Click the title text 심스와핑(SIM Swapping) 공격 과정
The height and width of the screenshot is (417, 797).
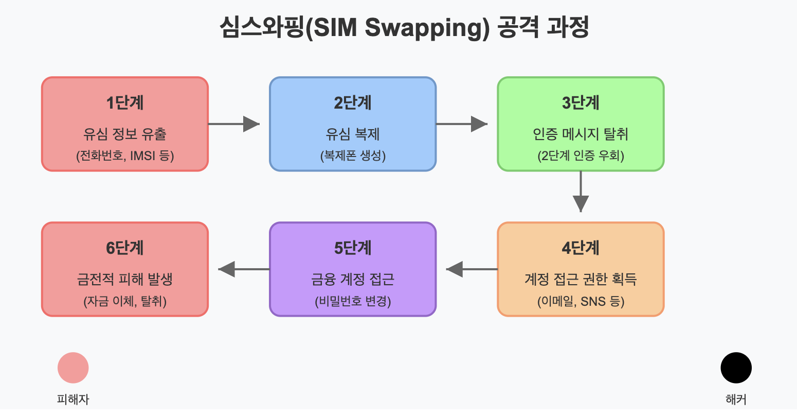coord(404,28)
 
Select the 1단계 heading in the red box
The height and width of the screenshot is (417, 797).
coord(125,103)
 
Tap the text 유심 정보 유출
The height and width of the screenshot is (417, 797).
coord(125,134)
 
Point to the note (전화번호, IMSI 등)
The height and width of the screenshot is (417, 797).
coord(125,155)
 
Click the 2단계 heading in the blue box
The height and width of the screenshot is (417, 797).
coord(353,103)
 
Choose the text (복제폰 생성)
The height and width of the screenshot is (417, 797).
coord(353,155)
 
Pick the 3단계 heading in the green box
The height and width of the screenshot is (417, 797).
coord(581,103)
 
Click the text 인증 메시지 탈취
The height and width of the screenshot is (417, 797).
coord(581,134)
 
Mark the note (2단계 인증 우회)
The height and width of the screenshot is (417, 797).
coord(581,155)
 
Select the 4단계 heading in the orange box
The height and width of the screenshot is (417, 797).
coord(581,248)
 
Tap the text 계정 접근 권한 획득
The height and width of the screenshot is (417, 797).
coord(581,280)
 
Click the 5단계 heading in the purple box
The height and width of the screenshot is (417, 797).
coord(353,248)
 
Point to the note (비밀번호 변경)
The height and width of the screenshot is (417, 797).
coord(353,301)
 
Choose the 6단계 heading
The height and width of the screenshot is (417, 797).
coord(125,248)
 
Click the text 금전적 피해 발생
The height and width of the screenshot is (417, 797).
coord(125,280)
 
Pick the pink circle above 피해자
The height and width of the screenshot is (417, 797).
coord(73,368)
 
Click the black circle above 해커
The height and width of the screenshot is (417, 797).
coord(736,368)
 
